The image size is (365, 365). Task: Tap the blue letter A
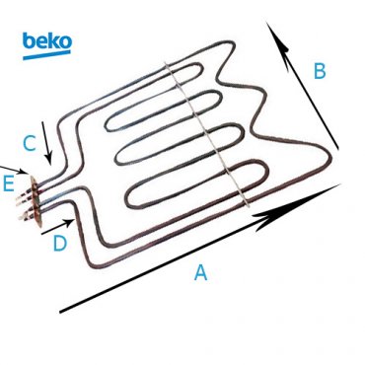pos(200,273)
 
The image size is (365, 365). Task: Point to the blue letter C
pos(30,144)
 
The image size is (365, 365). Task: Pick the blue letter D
pos(59,243)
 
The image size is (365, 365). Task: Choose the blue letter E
pos(9,183)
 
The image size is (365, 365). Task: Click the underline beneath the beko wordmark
pos(45,55)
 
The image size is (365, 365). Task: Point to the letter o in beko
pos(64,43)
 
